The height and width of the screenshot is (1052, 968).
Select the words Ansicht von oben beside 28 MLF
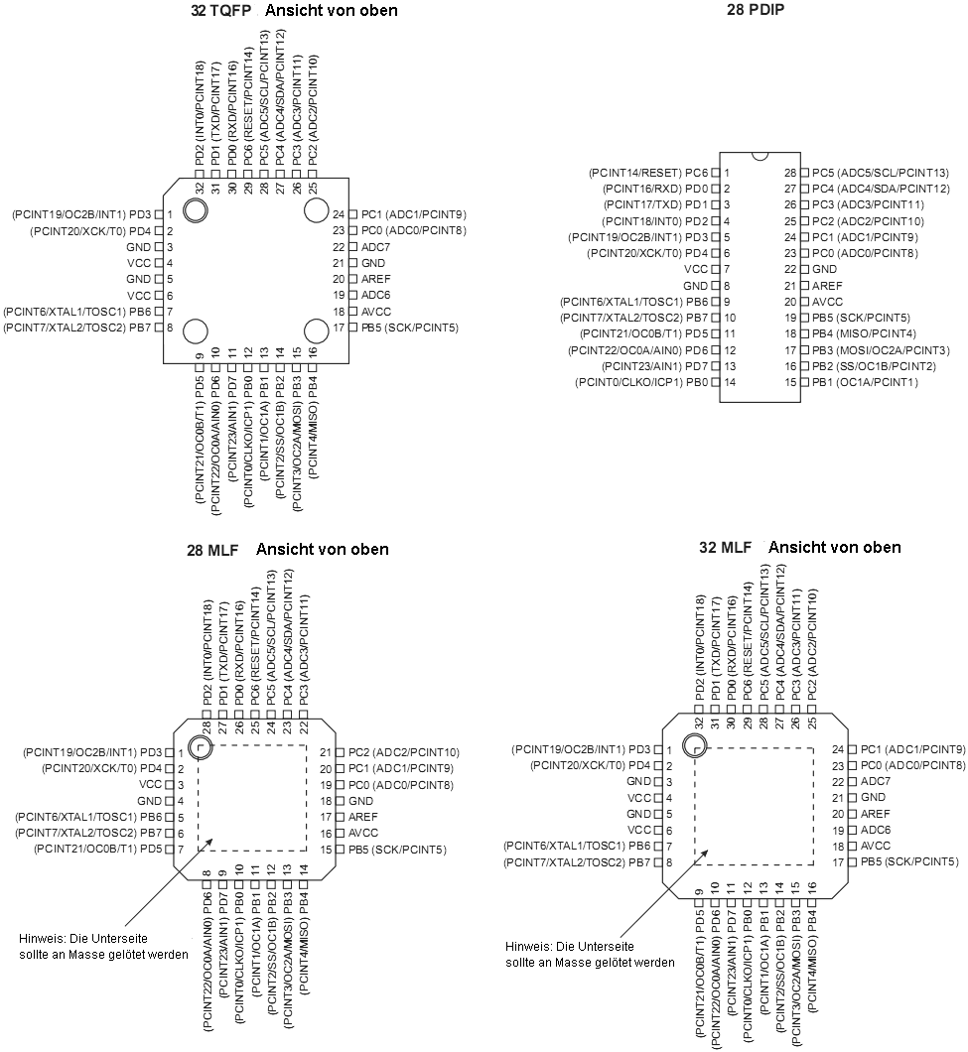pos(323,549)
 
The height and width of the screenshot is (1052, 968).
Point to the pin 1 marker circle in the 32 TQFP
pos(194,209)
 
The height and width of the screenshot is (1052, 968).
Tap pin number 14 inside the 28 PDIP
pos(729,382)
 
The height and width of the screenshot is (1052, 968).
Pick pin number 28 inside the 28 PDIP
pos(790,173)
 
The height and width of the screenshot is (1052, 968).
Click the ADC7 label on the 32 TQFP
pos(375,246)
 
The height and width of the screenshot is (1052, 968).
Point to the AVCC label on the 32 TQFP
pos(377,311)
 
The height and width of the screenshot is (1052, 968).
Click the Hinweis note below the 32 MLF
pos(591,954)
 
